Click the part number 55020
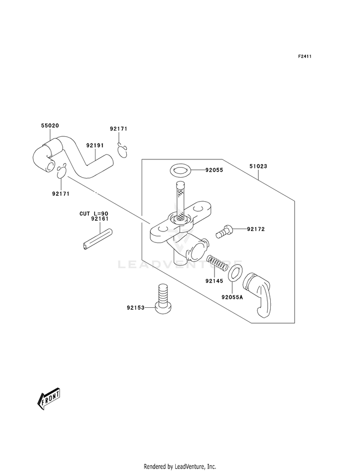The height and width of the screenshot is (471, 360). point(50,126)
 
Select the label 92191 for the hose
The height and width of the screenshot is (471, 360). point(95,145)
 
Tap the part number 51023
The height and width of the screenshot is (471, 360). point(258,166)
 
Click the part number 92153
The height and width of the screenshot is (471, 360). point(135,308)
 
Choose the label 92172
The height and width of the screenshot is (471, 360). point(256,229)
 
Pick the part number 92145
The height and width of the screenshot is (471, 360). point(214,281)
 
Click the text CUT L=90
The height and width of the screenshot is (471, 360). point(94,214)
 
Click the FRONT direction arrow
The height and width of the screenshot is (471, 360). point(48,399)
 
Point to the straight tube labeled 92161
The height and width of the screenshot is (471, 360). point(96,239)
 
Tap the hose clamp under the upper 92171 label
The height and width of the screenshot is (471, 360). point(122,150)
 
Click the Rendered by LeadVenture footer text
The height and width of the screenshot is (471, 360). point(180,466)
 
